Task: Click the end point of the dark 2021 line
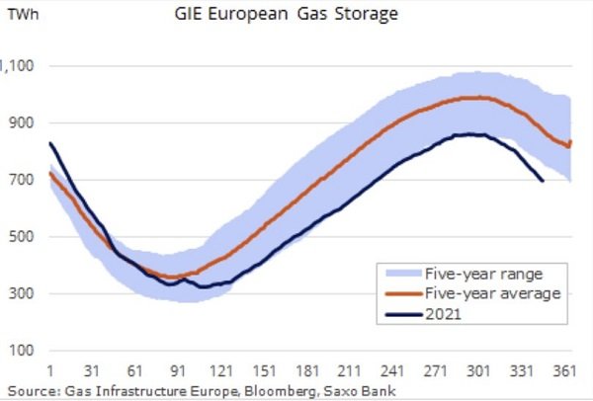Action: click(543, 181)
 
